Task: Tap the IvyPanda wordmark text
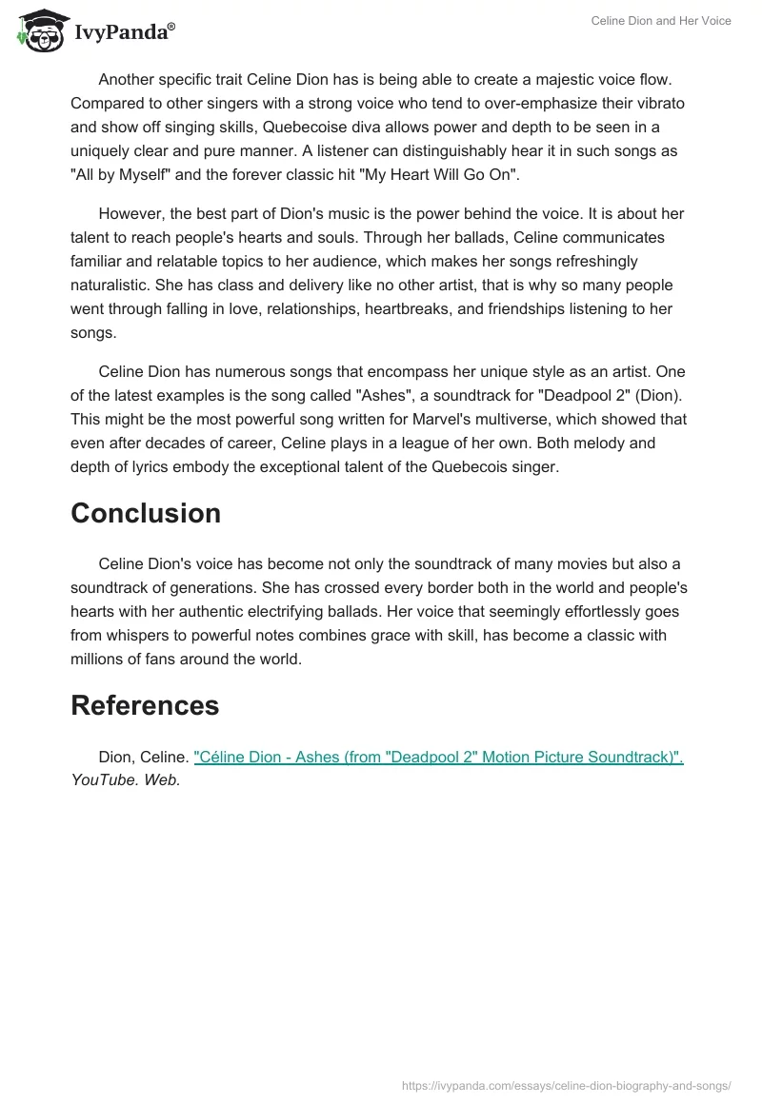point(124,32)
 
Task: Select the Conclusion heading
point(146,513)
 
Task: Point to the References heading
point(145,705)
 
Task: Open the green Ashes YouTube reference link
point(438,758)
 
